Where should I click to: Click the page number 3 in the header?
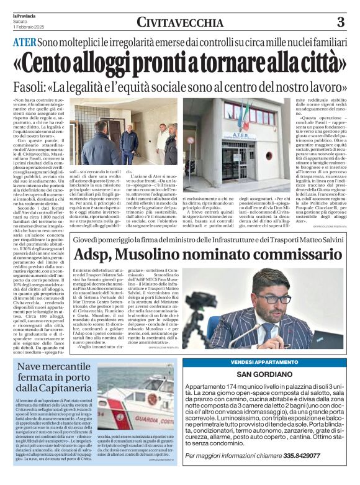340,22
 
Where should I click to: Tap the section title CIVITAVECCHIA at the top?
180,23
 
